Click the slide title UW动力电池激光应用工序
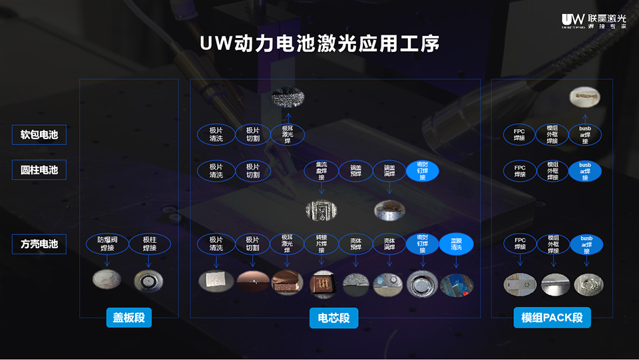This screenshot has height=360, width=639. [x=319, y=45]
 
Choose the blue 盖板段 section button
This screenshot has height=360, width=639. [x=129, y=318]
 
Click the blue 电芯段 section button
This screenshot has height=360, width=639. [x=333, y=318]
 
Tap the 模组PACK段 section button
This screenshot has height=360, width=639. [x=552, y=318]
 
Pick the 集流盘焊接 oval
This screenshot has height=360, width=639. [x=321, y=170]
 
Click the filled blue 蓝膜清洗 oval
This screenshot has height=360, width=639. [x=457, y=244]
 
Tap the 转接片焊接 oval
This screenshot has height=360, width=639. [x=321, y=244]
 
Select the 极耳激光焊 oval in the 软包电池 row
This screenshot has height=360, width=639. [x=287, y=134]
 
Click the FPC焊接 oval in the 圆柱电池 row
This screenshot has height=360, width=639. [x=520, y=170]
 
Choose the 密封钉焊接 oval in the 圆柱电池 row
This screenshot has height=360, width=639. [x=422, y=170]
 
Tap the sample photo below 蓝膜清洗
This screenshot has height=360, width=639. [x=457, y=284]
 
